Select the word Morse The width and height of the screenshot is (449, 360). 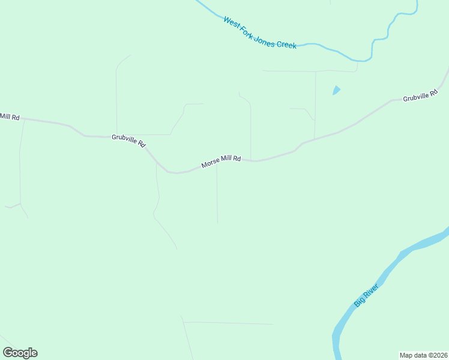pos(211,163)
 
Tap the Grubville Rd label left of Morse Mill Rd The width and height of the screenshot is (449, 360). pos(128,140)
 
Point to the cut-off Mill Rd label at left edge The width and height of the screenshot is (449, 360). pos(10,116)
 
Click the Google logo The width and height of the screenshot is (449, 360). pos(20,353)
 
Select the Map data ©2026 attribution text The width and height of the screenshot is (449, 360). pos(423,355)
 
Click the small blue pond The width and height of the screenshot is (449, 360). pos(336,91)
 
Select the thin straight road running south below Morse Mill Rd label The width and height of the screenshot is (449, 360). pos(217,198)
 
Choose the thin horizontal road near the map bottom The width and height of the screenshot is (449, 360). pos(228,323)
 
